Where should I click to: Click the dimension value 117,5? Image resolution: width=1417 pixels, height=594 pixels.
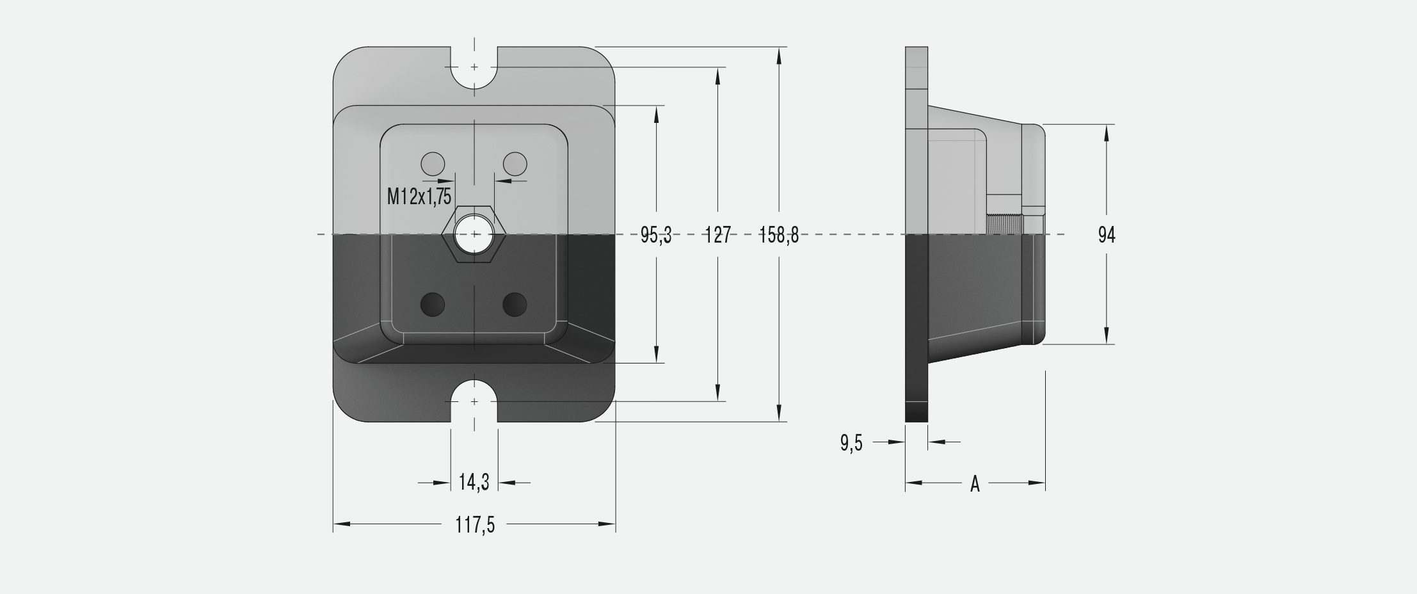475,525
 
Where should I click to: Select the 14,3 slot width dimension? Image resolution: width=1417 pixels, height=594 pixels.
474,482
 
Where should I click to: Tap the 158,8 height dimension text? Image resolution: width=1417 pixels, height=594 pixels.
779,236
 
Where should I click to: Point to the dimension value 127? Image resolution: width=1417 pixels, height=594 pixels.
717,236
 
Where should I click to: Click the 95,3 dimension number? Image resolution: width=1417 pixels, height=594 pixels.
656,236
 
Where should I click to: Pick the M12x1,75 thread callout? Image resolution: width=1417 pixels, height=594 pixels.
419,197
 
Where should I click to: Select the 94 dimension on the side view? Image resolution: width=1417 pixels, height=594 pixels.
1107,236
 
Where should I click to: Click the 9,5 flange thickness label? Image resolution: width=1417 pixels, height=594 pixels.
851,442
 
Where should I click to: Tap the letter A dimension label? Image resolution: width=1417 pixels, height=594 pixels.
975,484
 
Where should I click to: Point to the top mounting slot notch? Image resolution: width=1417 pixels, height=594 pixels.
474,69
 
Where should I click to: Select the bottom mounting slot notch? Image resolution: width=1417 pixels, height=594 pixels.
474,401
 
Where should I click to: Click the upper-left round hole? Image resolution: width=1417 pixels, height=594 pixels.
433,165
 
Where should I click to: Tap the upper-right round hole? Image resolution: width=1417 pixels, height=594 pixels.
515,165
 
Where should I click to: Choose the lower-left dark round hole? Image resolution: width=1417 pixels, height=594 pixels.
433,304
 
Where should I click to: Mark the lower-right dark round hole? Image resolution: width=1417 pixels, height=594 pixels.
515,304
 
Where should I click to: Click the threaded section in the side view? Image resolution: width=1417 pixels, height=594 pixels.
1005,225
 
